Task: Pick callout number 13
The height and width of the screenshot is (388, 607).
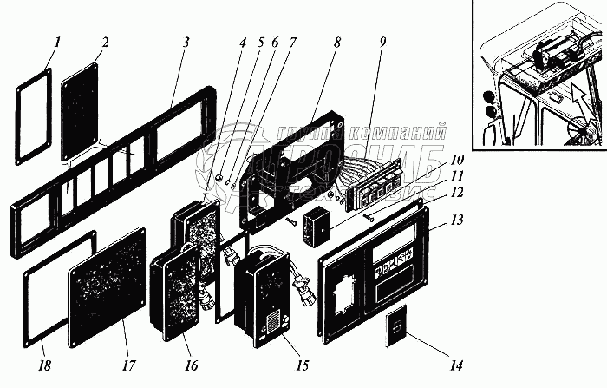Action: coord(457,220)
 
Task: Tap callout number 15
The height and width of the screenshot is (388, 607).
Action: coord(302,365)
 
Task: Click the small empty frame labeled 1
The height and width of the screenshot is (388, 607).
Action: coord(32,115)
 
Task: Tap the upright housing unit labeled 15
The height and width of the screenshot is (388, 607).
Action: coord(265,297)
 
